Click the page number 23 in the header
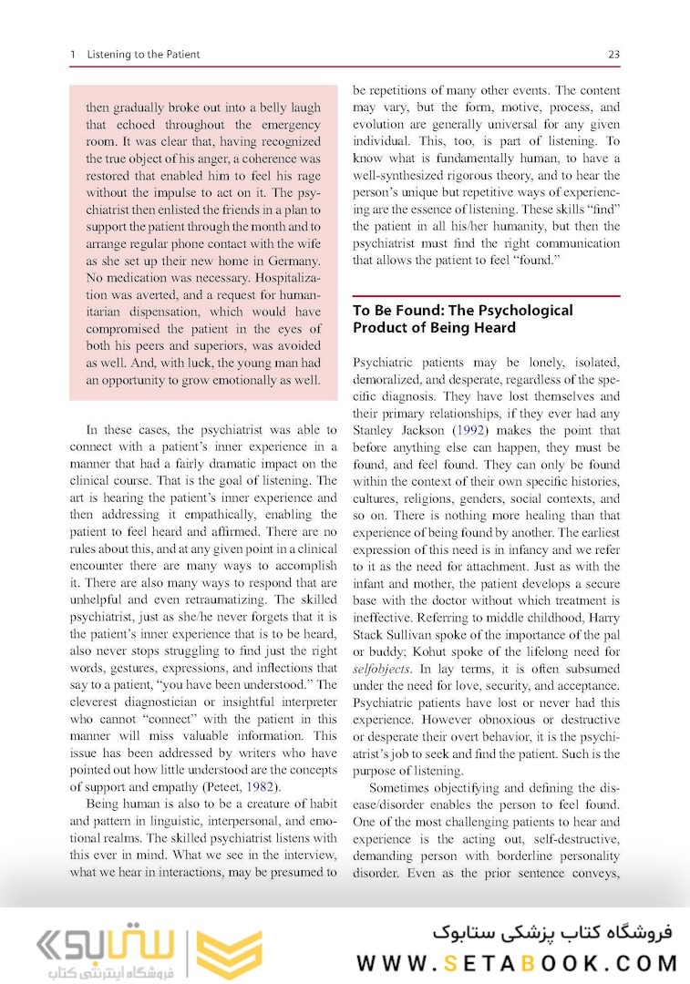[613, 55]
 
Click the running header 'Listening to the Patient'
[143, 55]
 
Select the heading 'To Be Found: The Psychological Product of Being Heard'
[463, 319]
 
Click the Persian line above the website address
[550, 933]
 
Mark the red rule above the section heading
[486, 296]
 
